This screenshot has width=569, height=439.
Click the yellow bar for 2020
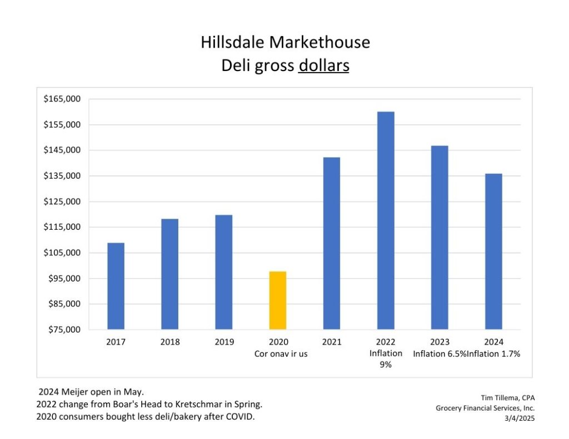pyautogui.click(x=278, y=300)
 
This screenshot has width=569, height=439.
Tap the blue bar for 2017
pyautogui.click(x=116, y=286)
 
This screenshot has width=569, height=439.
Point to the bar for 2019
pyautogui.click(x=224, y=272)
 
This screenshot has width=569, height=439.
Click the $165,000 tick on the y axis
pyautogui.click(x=62, y=99)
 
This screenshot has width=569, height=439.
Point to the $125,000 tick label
pyautogui.click(x=62, y=201)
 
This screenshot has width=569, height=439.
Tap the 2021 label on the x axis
pyautogui.click(x=332, y=342)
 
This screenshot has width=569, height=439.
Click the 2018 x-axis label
pyautogui.click(x=170, y=342)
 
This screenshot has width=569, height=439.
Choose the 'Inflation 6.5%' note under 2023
pyautogui.click(x=439, y=354)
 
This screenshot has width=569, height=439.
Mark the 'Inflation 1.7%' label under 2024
pyautogui.click(x=493, y=354)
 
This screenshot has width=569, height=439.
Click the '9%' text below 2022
pyautogui.click(x=385, y=365)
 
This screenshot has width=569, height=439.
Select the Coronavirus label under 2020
pyautogui.click(x=281, y=354)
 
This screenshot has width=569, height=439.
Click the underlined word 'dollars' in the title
pyautogui.click(x=324, y=65)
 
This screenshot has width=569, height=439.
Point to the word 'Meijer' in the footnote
pyautogui.click(x=73, y=393)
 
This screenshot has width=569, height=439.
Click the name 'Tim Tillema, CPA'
pyautogui.click(x=507, y=397)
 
